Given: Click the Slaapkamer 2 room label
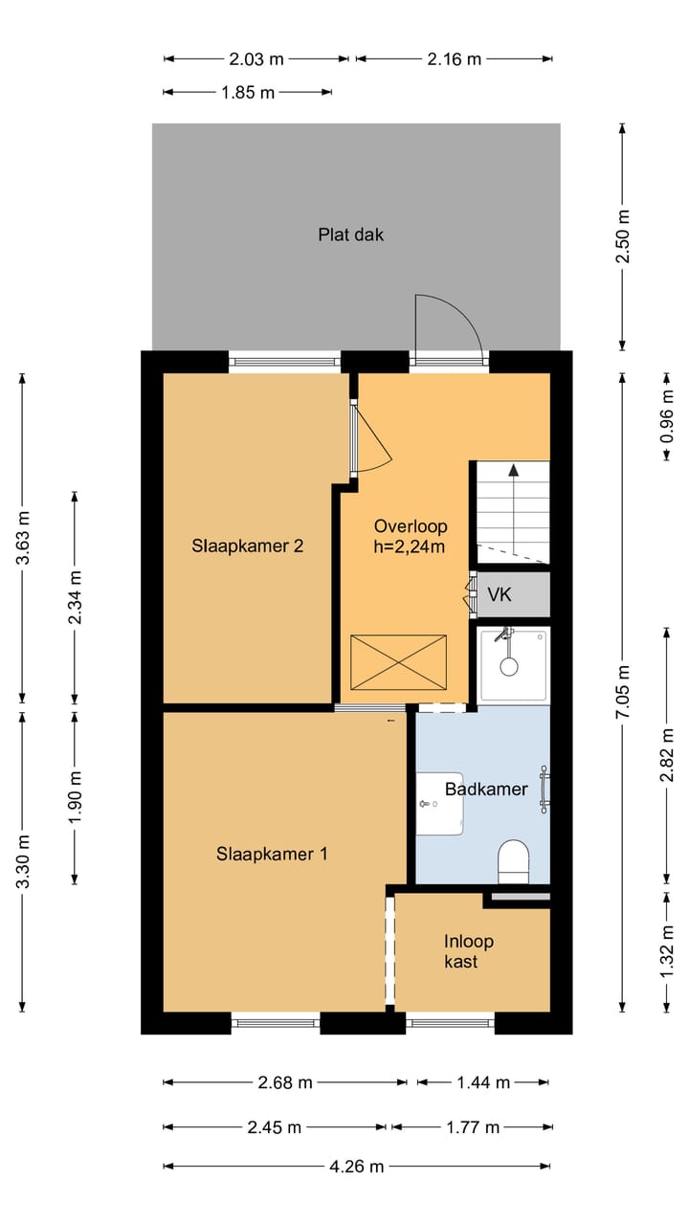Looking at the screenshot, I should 248,546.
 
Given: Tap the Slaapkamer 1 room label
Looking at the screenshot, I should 272,854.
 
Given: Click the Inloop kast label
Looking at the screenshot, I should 469,951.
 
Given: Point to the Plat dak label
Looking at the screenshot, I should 351,234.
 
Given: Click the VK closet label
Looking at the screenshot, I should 500,595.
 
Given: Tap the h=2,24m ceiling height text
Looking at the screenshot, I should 411,546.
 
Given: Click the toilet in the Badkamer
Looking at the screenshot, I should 514,860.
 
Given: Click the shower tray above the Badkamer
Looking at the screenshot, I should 514,663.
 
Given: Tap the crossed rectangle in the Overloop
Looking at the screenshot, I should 398,661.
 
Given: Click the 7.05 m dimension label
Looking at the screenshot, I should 623,692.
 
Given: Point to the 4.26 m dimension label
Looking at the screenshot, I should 357,1167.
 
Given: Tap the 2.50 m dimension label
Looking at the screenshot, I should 623,237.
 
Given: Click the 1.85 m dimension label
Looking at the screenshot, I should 247,93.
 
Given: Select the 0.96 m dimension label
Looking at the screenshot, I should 667,415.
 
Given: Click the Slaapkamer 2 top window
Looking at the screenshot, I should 285,363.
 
